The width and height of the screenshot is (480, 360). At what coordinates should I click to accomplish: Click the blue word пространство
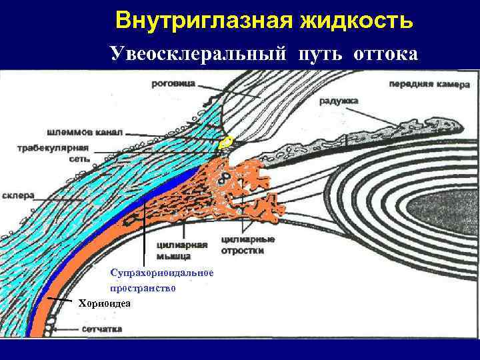coord(143,289)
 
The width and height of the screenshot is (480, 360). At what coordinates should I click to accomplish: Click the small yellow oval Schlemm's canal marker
coord(227,141)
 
